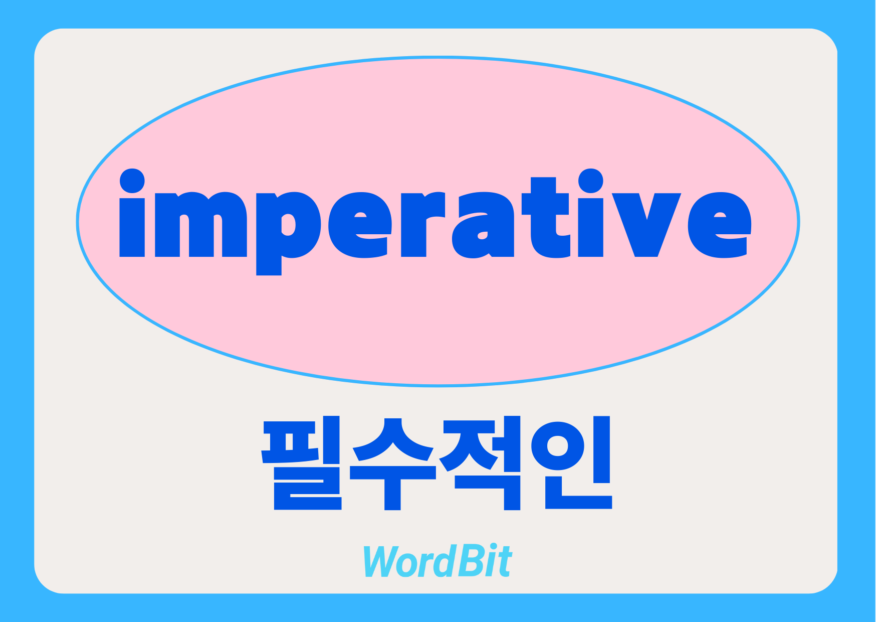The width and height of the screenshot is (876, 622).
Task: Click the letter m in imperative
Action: click(201, 225)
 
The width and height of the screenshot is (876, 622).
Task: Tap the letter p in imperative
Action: click(288, 234)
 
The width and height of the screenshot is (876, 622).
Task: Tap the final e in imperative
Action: click(720, 225)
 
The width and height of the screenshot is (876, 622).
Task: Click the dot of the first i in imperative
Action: click(132, 181)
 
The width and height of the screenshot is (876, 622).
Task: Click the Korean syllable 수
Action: click(393, 463)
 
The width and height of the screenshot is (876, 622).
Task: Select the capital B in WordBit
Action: click(466, 561)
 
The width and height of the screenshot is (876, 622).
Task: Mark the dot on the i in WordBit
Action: click(491, 548)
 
